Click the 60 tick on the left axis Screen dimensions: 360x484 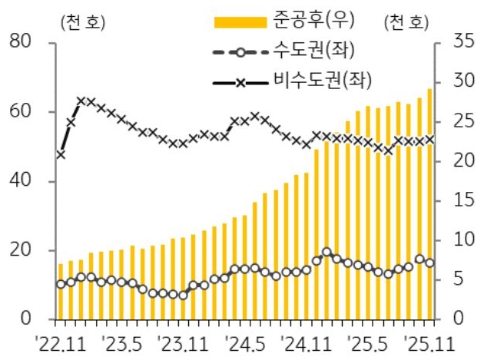click(26, 112)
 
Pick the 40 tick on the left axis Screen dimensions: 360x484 click(26, 182)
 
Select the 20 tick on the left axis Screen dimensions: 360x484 click(26, 251)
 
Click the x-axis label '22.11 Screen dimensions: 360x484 click(61, 341)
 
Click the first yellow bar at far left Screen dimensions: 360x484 click(61, 292)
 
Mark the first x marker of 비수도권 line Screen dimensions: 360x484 click(61, 154)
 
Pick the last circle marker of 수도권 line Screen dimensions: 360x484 click(429, 263)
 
